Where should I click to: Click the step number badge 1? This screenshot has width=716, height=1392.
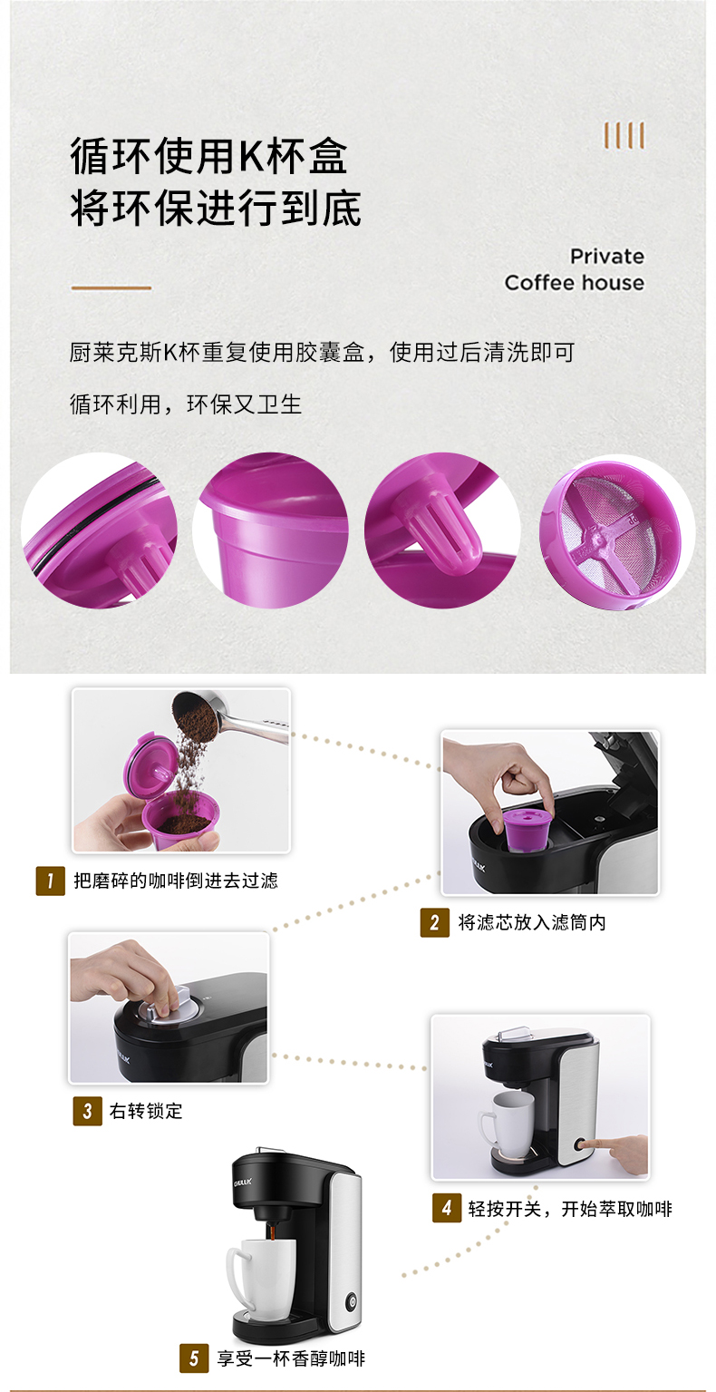coord(50,881)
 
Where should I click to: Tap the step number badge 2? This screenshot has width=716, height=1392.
coord(435,923)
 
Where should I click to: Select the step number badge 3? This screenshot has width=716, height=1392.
coord(88,1111)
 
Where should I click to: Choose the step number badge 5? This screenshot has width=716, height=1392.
coord(194,1359)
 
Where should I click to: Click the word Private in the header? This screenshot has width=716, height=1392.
coord(607,256)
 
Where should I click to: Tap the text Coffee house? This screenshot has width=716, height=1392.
coord(575,283)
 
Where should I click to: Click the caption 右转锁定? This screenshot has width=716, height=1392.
coord(146,1111)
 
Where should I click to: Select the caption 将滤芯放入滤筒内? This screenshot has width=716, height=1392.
coord(532,923)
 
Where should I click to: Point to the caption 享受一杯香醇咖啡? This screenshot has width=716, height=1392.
coord(291,1359)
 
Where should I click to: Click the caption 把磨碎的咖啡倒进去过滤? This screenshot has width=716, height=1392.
coord(176,881)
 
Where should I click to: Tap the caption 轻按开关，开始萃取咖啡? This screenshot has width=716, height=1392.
coord(570,1209)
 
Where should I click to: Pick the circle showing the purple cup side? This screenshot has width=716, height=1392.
coord(270,531)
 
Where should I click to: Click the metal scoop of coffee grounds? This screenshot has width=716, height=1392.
coord(230,715)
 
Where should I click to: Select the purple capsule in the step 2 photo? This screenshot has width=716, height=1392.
coord(527,827)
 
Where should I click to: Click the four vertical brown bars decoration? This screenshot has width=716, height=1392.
coord(624,135)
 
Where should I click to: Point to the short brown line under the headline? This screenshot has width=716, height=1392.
coord(111,287)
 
